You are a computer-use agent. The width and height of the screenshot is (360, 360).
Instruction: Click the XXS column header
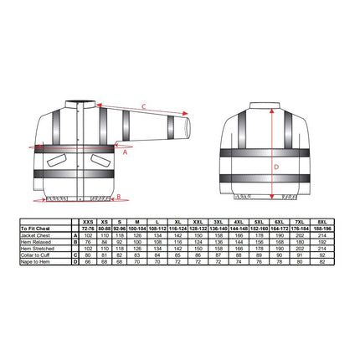tap(87, 220)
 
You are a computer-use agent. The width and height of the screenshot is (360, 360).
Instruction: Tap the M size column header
tap(137, 220)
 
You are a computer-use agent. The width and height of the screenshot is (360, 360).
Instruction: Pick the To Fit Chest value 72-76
tap(87, 226)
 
